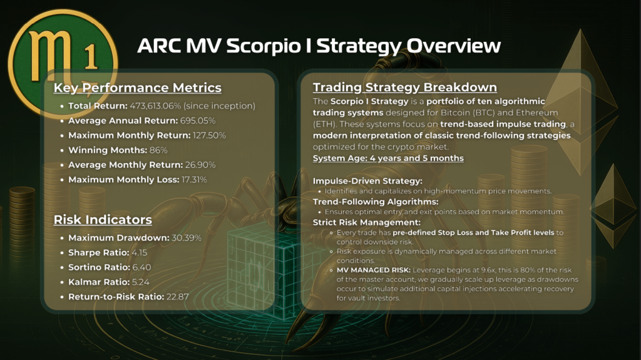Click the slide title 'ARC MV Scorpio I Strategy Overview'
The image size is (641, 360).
[x=319, y=46]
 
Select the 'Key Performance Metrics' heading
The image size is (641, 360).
[x=137, y=88]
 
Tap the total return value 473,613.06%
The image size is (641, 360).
[x=155, y=106]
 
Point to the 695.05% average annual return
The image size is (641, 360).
[x=197, y=121]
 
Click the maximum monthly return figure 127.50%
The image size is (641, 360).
[x=209, y=135]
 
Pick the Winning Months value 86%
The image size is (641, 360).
[x=158, y=150]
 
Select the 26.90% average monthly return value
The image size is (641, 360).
[x=200, y=165]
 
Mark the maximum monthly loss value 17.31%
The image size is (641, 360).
[x=194, y=180]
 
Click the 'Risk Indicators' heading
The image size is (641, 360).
[x=103, y=220]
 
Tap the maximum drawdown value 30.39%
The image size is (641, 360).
[x=187, y=238]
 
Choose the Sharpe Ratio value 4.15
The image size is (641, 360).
[x=140, y=252]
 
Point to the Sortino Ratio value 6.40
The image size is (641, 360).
[x=141, y=267]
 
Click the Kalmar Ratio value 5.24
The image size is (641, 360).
[x=141, y=282]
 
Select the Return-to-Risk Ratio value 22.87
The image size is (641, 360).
[x=177, y=297]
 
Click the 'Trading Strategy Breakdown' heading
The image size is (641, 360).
[x=405, y=87]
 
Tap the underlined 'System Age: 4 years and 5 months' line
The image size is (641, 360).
[x=388, y=158]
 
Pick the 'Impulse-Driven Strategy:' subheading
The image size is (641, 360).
[x=367, y=181]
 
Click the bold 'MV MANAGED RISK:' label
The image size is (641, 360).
[x=373, y=270]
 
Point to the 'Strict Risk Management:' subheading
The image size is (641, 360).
[x=367, y=222]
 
